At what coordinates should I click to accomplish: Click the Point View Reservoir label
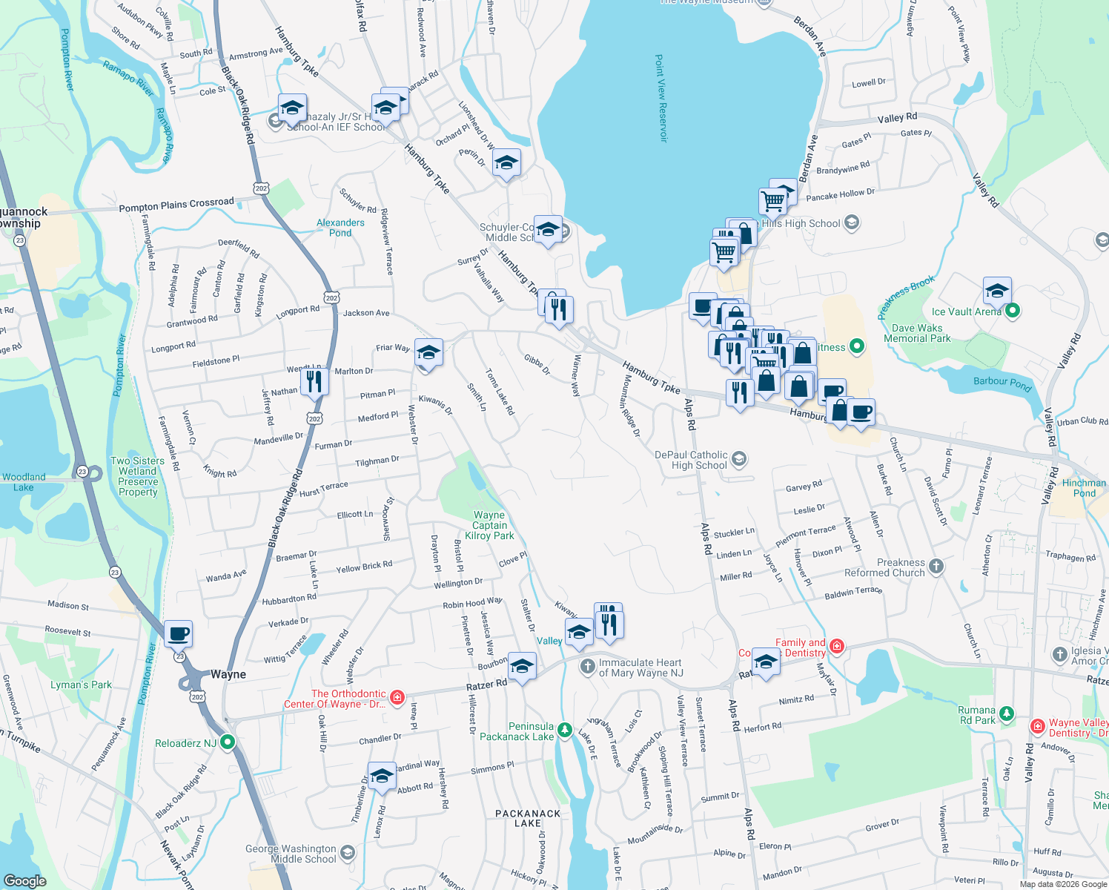(x=661, y=98)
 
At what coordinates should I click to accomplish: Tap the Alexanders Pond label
(x=340, y=228)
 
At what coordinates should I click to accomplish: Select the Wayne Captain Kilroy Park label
(x=489, y=525)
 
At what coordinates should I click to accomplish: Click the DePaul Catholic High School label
(x=691, y=460)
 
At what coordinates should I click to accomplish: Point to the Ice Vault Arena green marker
(x=1012, y=311)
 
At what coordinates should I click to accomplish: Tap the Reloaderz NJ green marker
(x=228, y=742)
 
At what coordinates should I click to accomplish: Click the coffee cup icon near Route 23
(x=178, y=634)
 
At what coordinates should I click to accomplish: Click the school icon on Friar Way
(x=428, y=352)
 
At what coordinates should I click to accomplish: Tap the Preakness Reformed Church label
(x=885, y=567)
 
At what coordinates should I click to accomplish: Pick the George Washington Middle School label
(x=292, y=854)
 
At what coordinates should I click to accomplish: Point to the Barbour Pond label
(x=1002, y=382)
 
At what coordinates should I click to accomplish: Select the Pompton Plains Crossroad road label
(x=176, y=205)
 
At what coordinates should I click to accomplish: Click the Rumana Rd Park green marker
(x=1006, y=714)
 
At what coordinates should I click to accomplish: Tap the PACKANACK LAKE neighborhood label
(x=528, y=818)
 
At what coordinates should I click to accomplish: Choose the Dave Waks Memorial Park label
(x=917, y=333)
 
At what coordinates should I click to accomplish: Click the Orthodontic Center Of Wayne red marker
(x=397, y=697)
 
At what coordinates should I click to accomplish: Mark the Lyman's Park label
(x=81, y=685)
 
